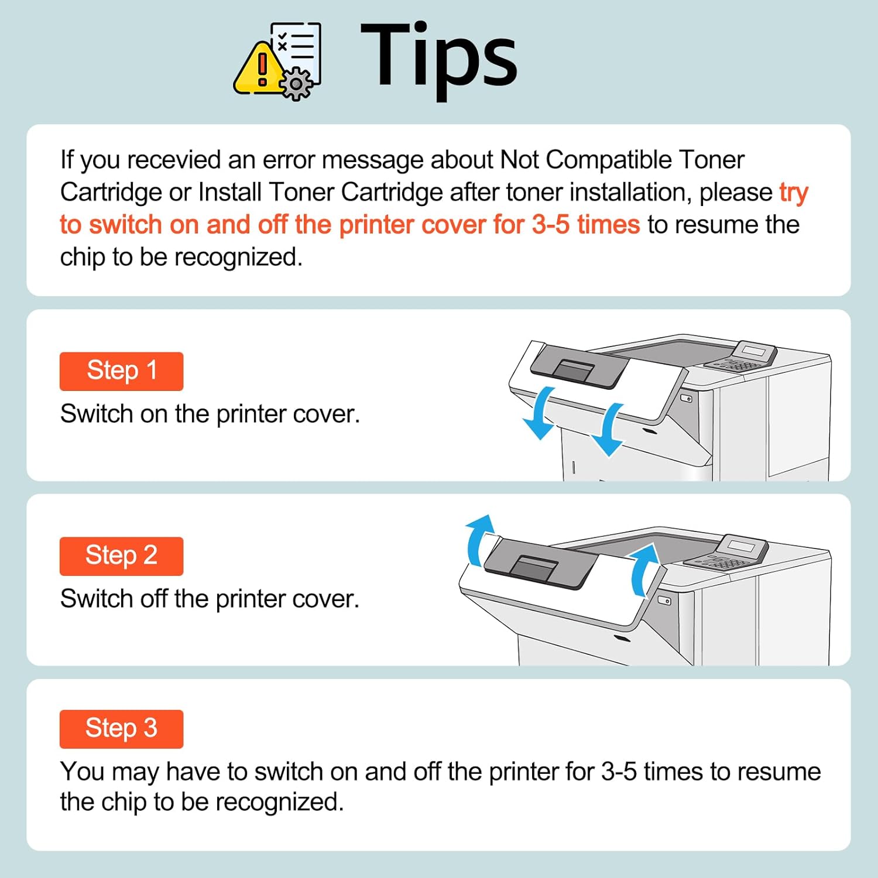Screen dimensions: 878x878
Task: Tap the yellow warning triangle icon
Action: (x=258, y=70)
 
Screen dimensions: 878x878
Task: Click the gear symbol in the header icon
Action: (x=297, y=84)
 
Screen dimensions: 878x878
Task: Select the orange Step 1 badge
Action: (x=121, y=371)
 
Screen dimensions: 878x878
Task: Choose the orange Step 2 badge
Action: (x=121, y=556)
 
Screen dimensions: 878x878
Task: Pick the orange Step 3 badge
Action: (x=121, y=729)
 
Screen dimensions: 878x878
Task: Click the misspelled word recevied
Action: (x=174, y=160)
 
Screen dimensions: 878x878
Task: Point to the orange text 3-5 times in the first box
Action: (x=585, y=225)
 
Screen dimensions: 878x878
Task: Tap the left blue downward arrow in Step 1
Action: (x=540, y=413)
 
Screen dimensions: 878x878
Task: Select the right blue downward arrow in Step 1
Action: (x=609, y=430)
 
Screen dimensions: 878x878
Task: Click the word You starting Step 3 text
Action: (x=82, y=771)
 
